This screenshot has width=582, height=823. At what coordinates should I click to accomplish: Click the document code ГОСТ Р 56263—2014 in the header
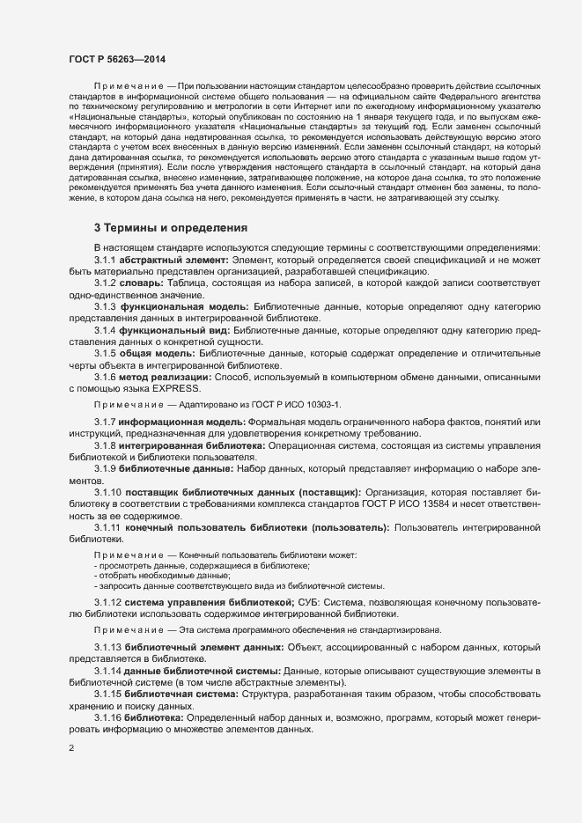point(116,59)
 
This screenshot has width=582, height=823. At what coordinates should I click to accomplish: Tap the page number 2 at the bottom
point(71,748)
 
